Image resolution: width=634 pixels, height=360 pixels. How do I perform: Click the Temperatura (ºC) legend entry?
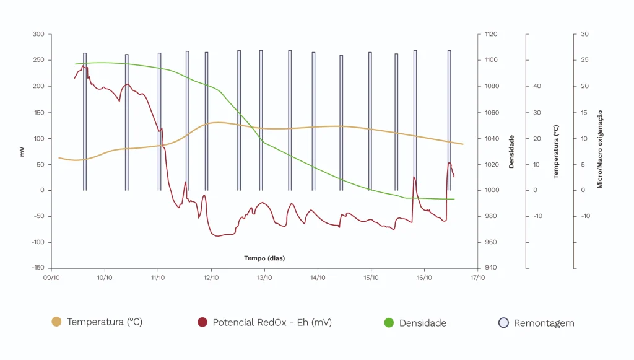(104, 322)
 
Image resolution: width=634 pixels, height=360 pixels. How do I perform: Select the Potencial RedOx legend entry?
(272, 322)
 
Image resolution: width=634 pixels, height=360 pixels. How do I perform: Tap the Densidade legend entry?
(422, 323)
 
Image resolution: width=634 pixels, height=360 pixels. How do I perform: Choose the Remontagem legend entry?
(544, 323)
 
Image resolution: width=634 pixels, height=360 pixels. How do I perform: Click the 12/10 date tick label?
(211, 278)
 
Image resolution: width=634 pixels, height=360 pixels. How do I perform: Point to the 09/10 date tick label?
(51, 278)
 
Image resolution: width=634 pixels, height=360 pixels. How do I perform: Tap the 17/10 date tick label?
(477, 278)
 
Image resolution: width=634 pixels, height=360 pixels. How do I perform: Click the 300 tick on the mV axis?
(38, 35)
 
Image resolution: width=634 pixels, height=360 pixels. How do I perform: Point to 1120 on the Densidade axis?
(491, 35)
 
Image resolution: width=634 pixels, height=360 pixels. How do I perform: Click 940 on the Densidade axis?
(490, 268)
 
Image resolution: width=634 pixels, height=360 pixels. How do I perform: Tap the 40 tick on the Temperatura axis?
(537, 86)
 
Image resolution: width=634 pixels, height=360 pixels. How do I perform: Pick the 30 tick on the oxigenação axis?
(584, 35)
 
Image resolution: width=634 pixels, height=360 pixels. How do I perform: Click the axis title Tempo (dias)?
(264, 258)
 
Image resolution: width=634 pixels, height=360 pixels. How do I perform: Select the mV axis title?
(23, 151)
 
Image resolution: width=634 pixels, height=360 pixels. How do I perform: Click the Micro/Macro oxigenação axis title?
(599, 149)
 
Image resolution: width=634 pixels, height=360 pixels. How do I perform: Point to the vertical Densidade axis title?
(511, 151)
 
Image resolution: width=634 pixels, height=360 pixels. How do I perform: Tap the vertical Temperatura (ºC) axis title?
(556, 151)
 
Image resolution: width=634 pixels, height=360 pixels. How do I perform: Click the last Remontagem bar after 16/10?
(449, 120)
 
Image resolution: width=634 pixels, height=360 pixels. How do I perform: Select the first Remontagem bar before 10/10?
(85, 121)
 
